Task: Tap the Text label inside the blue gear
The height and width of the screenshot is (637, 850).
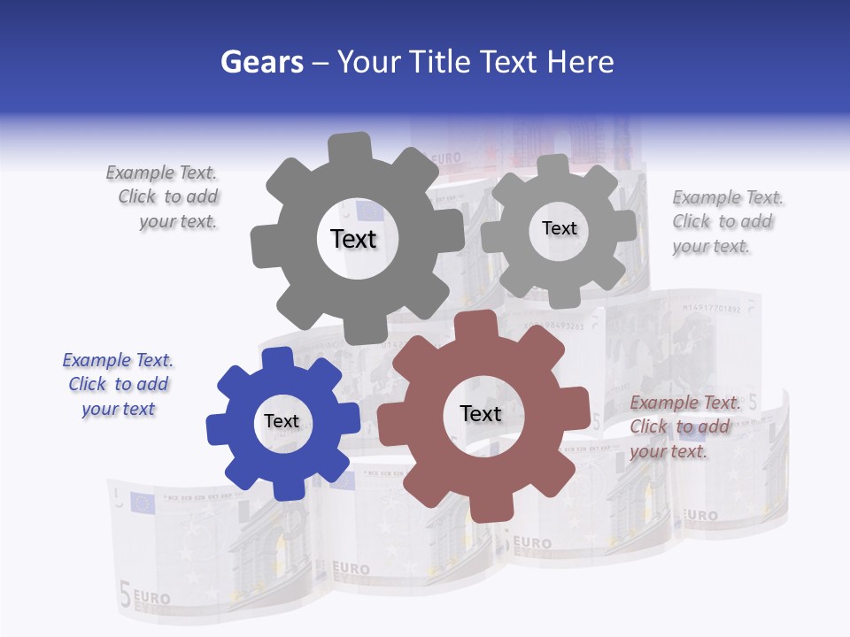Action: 282,421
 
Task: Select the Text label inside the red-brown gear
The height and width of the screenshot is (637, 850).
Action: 481,413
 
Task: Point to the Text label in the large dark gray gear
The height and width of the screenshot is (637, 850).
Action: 353,239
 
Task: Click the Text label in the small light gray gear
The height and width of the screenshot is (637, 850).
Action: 559,228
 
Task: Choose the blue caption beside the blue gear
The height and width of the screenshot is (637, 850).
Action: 118,384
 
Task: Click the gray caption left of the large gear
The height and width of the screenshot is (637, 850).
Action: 164,196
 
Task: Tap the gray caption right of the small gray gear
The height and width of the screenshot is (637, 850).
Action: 726,221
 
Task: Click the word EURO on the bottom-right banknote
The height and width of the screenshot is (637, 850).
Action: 701,514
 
